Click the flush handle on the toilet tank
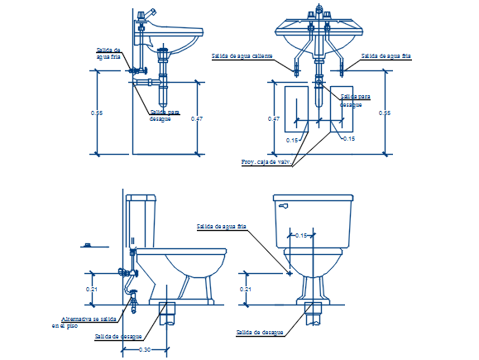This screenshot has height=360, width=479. [283, 205]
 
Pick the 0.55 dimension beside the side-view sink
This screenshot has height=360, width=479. [98, 113]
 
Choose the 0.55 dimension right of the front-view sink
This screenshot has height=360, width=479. [385, 113]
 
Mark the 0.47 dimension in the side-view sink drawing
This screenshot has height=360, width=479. [196, 119]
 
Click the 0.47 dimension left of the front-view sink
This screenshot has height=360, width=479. [274, 119]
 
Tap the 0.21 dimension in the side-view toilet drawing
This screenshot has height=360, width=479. [92, 289]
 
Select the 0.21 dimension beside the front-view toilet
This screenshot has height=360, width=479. [245, 289]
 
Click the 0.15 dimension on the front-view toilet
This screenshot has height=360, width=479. [301, 236]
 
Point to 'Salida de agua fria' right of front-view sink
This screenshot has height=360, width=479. [386, 56]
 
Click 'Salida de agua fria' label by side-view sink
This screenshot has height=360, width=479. [108, 54]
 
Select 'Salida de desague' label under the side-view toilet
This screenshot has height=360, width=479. [117, 337]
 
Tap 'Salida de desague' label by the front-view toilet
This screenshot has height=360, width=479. [260, 332]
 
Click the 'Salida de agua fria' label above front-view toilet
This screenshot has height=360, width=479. [221, 226]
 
